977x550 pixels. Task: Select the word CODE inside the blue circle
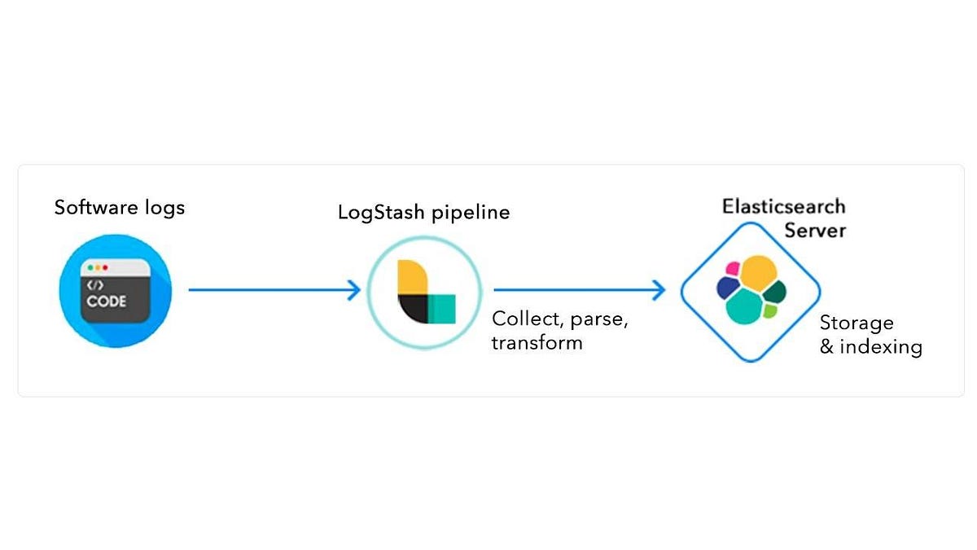[107, 301]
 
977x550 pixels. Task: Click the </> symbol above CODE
[95, 285]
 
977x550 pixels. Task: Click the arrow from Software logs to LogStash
[273, 288]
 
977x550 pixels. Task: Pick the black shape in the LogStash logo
[414, 308]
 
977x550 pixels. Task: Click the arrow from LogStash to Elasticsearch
[580, 288]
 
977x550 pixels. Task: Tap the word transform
[537, 342]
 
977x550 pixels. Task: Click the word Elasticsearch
[784, 206]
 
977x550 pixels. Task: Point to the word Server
[815, 231]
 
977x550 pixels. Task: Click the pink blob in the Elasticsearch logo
[733, 268]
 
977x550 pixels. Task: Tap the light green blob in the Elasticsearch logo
[769, 310]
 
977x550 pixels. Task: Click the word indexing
[881, 347]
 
